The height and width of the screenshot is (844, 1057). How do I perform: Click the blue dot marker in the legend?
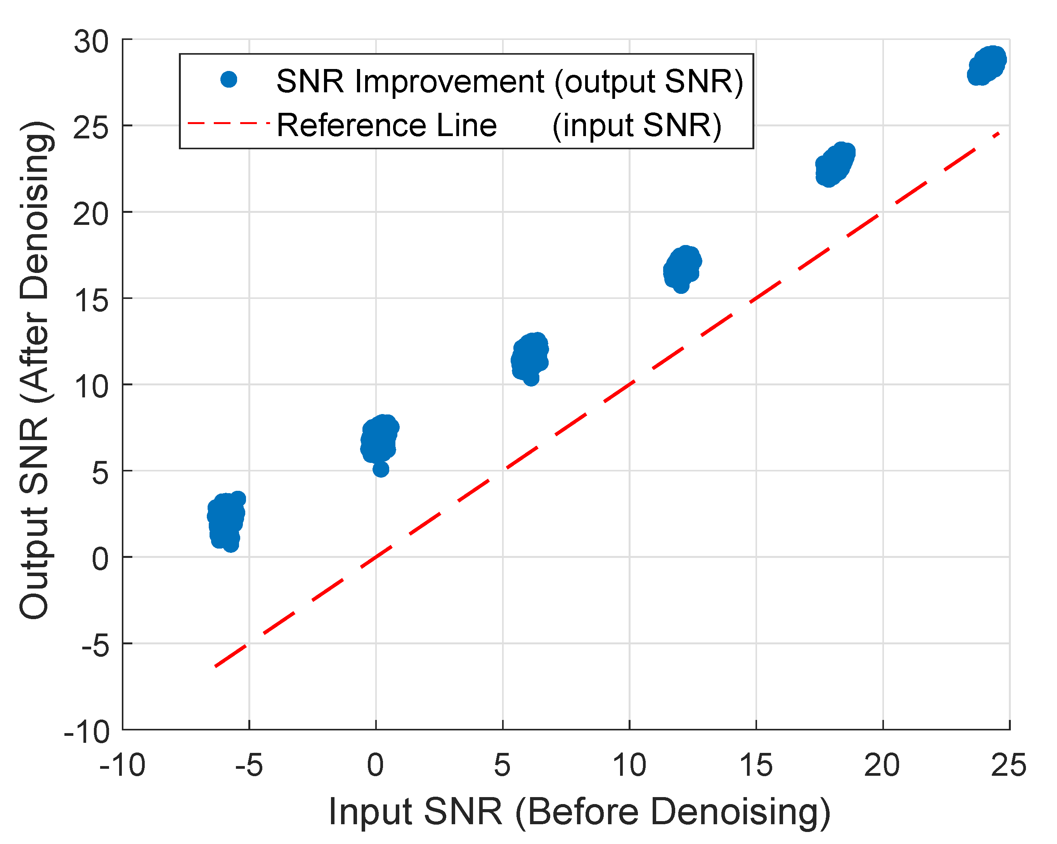pos(229,79)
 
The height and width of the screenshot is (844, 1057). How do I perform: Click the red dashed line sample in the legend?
pos(229,123)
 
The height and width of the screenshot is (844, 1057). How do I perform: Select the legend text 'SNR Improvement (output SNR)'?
pos(510,81)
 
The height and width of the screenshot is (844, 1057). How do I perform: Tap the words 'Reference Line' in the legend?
pos(387,125)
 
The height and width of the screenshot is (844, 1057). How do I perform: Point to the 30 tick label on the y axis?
pos(91,41)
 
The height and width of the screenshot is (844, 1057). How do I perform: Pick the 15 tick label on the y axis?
pos(91,300)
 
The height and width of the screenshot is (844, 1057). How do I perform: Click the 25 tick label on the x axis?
pos(1009,765)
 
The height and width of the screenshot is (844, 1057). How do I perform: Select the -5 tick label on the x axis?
pos(249,765)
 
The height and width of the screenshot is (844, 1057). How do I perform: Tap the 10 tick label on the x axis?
pos(629,765)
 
